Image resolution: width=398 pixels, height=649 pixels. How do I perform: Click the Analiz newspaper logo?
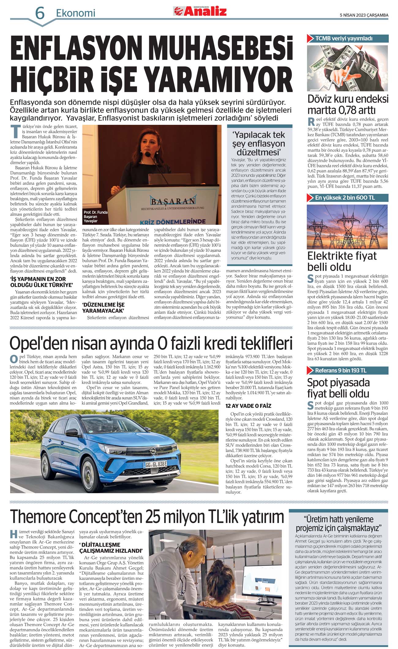click(201, 11)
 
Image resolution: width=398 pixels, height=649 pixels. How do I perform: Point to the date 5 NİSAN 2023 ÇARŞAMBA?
click(364, 15)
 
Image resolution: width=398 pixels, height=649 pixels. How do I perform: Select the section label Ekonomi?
click(76, 13)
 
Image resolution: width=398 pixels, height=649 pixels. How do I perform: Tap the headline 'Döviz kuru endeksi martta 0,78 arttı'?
click(348, 104)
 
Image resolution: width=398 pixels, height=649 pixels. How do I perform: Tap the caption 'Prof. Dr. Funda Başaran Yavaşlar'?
click(96, 216)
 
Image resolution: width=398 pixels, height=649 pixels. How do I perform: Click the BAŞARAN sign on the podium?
click(173, 201)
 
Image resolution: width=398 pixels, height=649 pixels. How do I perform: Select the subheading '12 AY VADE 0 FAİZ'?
click(248, 406)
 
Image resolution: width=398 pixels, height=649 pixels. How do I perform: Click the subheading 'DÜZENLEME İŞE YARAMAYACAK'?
click(103, 308)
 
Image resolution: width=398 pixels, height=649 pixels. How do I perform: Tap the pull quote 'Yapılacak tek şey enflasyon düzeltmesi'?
click(258, 143)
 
